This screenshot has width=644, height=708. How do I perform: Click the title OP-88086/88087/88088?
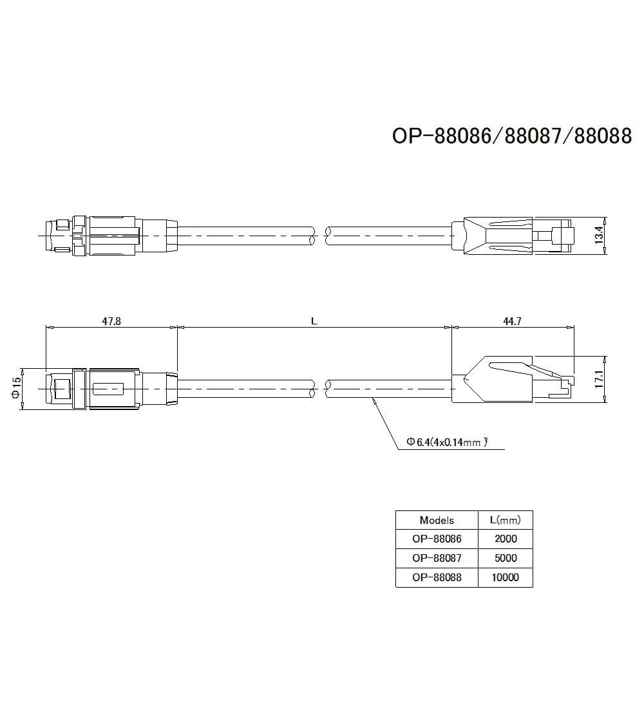(x=512, y=136)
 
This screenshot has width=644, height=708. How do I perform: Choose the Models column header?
(x=437, y=520)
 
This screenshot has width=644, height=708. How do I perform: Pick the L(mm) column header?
(x=505, y=520)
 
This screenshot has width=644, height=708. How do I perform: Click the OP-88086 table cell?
(x=437, y=539)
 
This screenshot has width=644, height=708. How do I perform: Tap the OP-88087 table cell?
(x=437, y=558)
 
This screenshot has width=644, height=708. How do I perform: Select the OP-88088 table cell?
(x=437, y=577)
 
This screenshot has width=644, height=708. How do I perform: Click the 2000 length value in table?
(x=505, y=539)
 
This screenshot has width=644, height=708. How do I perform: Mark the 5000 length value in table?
(x=505, y=558)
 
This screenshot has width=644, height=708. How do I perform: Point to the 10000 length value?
(x=505, y=577)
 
